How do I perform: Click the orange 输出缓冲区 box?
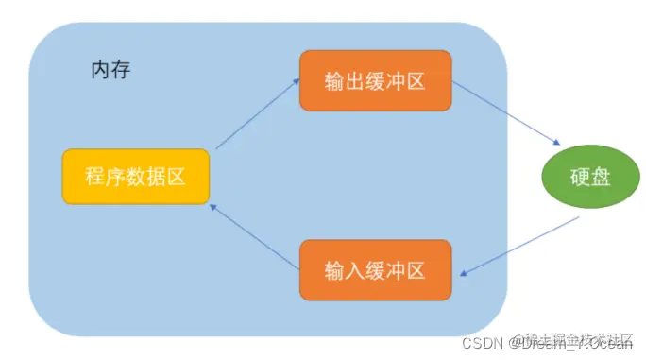point(375,80)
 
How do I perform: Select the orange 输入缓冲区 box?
point(375,269)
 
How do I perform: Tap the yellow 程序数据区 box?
point(136,177)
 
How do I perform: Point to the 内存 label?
point(110,71)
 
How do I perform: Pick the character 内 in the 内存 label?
point(99,71)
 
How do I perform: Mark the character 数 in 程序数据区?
point(136,177)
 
